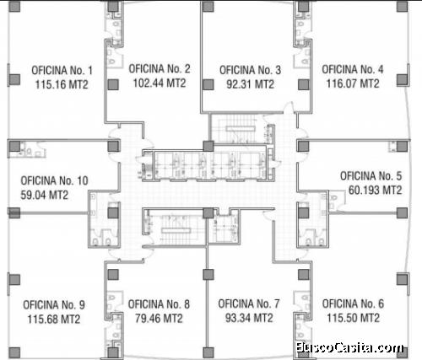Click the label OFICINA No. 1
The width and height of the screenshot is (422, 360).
62,71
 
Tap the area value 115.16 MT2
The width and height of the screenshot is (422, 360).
62,84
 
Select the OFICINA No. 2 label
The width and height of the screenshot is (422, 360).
160,69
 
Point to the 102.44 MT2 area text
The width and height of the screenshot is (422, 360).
160,83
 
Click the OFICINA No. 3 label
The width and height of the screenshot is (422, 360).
250,70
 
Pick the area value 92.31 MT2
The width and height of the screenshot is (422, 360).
251,84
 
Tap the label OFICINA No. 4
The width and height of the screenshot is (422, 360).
353,69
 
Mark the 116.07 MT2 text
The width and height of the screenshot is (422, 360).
353,83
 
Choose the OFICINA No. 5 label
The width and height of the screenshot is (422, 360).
371,176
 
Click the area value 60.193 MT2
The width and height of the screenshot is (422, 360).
375,190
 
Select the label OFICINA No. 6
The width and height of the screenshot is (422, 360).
353,304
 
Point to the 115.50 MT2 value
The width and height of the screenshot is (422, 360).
354,318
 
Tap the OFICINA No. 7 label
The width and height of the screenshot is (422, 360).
249,304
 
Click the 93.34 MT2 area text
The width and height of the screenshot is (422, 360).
249,318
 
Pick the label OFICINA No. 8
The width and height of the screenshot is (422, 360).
159,304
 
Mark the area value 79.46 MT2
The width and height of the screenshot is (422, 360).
159,319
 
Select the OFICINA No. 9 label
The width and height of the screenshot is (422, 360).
54,305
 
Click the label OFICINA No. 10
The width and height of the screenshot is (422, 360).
55,180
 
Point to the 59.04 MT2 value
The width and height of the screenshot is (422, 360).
45,195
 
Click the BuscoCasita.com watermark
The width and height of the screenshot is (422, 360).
349,348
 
